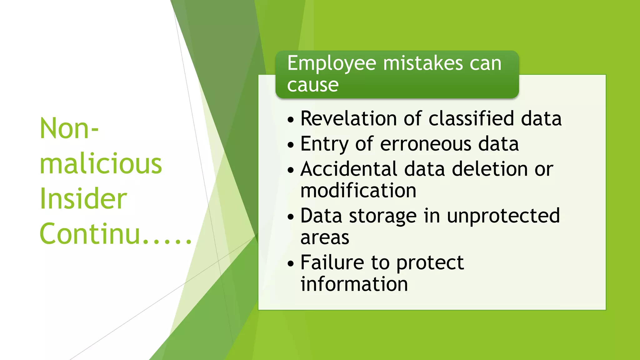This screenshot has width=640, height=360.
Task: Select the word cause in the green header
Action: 313,85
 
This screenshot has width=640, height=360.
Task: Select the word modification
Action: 358,191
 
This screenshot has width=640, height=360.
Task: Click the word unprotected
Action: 503,216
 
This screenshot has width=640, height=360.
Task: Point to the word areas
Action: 325,238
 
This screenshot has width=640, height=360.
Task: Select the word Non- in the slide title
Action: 69,129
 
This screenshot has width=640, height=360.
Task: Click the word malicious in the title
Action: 101,164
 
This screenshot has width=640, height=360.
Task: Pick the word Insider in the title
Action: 83,199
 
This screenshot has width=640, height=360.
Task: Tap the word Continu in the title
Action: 90,234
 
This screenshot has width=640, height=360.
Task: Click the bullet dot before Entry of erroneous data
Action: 291,145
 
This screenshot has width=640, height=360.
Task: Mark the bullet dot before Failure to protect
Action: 291,263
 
